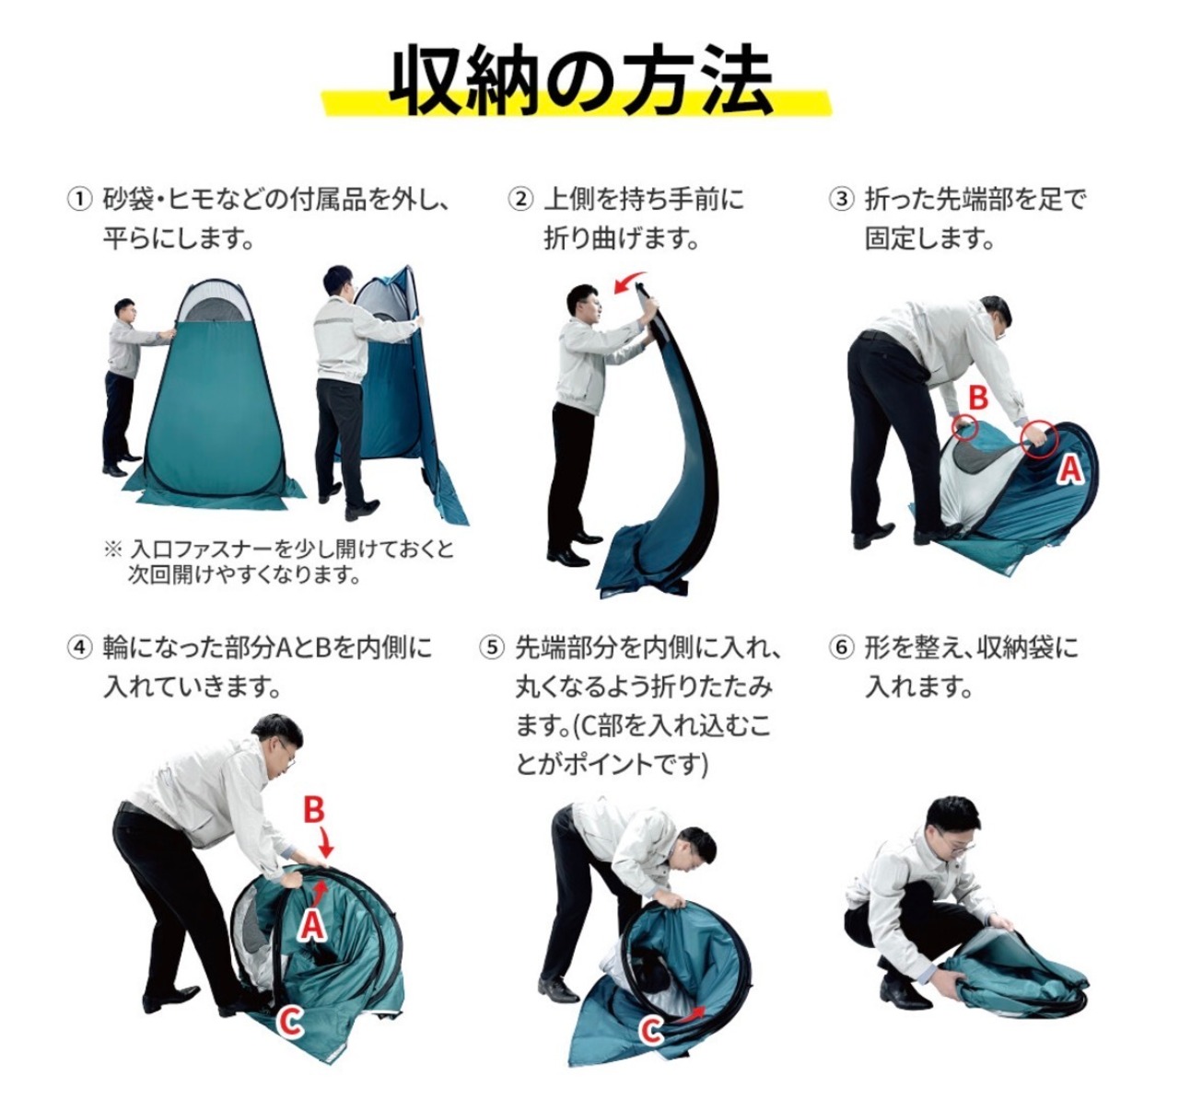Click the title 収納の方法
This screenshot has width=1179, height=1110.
580,81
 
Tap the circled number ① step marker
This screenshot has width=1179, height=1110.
79,200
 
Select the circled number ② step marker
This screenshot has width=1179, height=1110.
520,200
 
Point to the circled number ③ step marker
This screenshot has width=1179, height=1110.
841,200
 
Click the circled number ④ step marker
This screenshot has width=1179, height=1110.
79,647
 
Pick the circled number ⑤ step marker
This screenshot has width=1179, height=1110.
492,647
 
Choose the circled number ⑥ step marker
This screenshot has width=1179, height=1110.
841,647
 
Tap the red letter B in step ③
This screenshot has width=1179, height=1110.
978,399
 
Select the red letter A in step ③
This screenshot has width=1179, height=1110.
1071,470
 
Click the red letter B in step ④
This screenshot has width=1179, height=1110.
315,810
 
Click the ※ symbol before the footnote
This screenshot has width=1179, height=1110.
112,549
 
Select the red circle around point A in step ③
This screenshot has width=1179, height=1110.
1039,440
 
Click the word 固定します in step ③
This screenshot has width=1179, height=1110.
929,238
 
